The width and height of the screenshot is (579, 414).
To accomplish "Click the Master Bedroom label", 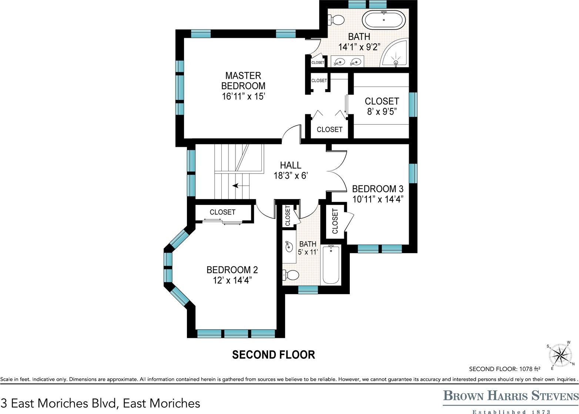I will (x=243, y=81).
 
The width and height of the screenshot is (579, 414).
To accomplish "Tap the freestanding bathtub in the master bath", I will (x=384, y=20).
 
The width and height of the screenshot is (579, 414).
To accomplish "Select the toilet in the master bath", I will (x=335, y=20).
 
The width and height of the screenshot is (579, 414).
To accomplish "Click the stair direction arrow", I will (x=237, y=185).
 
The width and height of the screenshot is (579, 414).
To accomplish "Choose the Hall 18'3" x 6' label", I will (x=291, y=170).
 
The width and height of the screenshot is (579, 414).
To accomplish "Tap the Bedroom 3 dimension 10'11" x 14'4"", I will (x=378, y=199).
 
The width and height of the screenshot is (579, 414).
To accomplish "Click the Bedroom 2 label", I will (x=232, y=270).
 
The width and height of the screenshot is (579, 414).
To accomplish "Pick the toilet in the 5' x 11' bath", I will (x=291, y=275).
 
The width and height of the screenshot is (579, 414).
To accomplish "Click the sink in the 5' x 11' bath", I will (x=289, y=246).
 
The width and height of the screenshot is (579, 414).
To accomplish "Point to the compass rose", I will (x=561, y=356).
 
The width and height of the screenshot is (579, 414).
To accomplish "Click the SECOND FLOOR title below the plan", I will (x=273, y=355).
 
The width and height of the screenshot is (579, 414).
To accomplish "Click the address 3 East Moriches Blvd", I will (x=100, y=403).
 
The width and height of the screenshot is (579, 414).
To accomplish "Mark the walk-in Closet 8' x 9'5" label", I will (x=382, y=106).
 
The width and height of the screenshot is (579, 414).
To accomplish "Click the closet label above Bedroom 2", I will (x=222, y=212).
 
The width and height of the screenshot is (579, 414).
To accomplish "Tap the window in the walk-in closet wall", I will (x=413, y=104).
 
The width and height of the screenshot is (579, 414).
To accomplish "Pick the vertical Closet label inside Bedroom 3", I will (x=335, y=221).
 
